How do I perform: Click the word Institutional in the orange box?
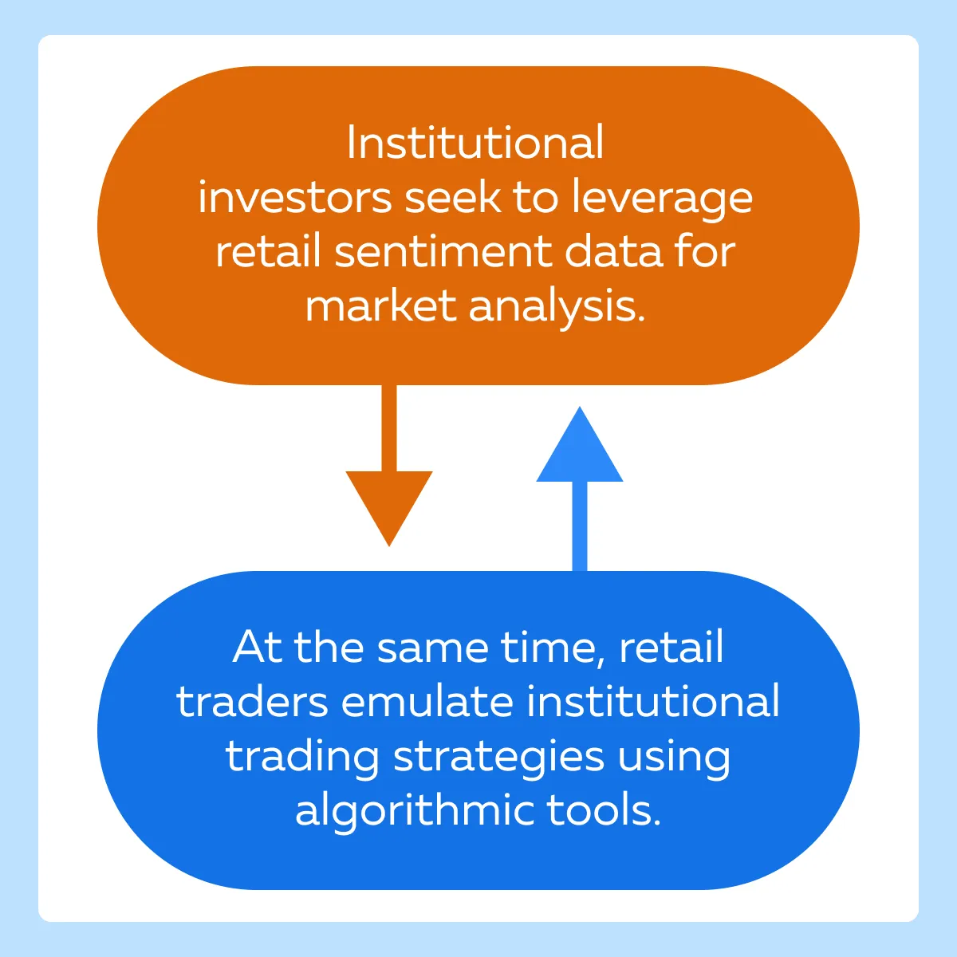pos(475,143)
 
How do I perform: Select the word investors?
pos(295,198)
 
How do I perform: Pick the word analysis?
pos(557,308)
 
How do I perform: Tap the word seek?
pos(453,197)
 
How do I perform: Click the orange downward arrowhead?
pos(389,507)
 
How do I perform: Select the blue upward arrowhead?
pos(580,444)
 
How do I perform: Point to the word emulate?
pos(427,701)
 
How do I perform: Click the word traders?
pos(252,701)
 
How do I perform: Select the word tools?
pos(604,810)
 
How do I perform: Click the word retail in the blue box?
pos(671,647)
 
